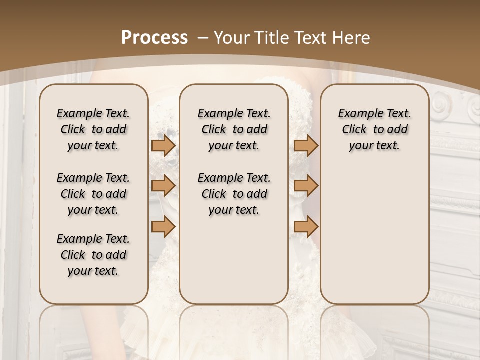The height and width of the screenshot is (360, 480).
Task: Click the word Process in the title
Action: click(154, 37)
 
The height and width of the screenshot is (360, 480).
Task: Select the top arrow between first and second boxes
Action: click(163, 146)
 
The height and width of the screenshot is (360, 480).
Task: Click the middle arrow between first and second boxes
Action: click(163, 186)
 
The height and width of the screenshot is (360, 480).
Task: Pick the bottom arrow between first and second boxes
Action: click(163, 227)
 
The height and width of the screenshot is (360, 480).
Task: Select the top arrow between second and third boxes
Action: click(306, 146)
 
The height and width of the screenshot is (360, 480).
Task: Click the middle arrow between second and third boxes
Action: click(306, 186)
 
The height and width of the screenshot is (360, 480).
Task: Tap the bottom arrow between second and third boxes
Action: click(306, 227)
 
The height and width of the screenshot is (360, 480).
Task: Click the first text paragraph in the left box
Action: click(93, 129)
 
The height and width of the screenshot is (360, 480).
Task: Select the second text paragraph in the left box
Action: click(93, 194)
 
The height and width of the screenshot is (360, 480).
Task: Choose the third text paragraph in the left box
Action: click(93, 255)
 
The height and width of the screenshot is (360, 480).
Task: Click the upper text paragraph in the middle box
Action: click(234, 129)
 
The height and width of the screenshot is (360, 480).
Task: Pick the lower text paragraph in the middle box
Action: click(234, 194)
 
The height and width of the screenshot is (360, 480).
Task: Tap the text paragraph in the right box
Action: click(374, 129)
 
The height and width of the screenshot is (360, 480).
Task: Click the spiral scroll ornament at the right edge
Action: click(443, 106)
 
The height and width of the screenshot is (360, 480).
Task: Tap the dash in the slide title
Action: click(203, 38)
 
